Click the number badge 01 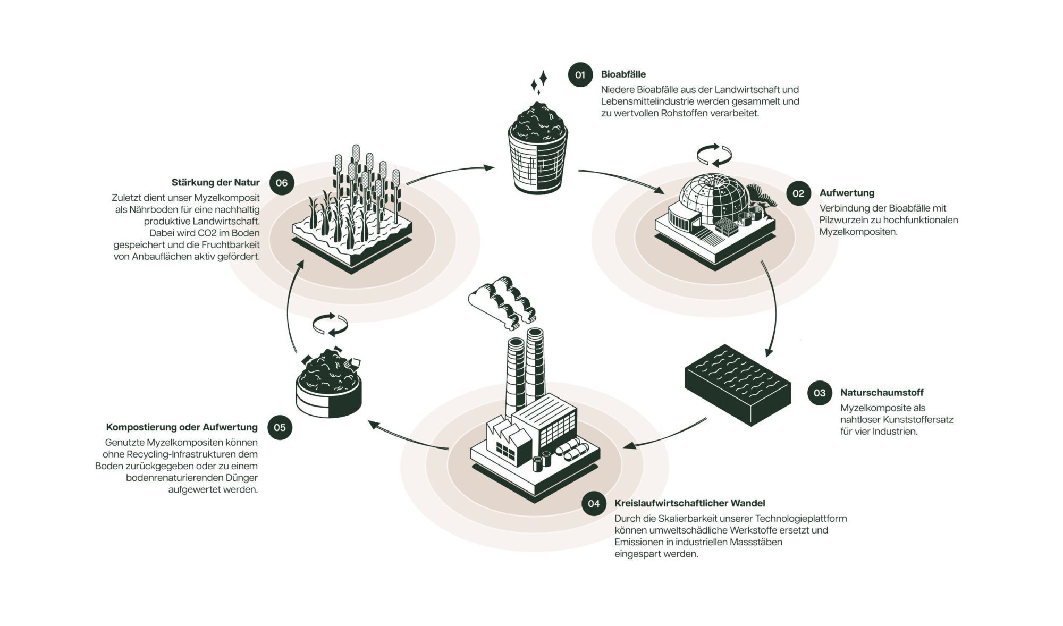click(x=580, y=75)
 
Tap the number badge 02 click(x=798, y=193)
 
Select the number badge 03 click(x=820, y=393)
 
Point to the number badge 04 click(x=594, y=504)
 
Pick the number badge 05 click(x=280, y=428)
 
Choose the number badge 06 click(x=282, y=183)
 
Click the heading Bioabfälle click(x=623, y=74)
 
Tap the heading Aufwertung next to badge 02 click(x=847, y=193)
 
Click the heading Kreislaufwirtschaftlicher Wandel click(x=689, y=503)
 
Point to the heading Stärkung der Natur click(x=215, y=183)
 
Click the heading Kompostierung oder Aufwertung click(x=182, y=427)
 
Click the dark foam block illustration click(x=737, y=385)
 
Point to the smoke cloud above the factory click(x=502, y=300)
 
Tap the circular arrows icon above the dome click(x=714, y=155)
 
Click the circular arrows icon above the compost click(x=330, y=325)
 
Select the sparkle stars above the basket click(x=539, y=83)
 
